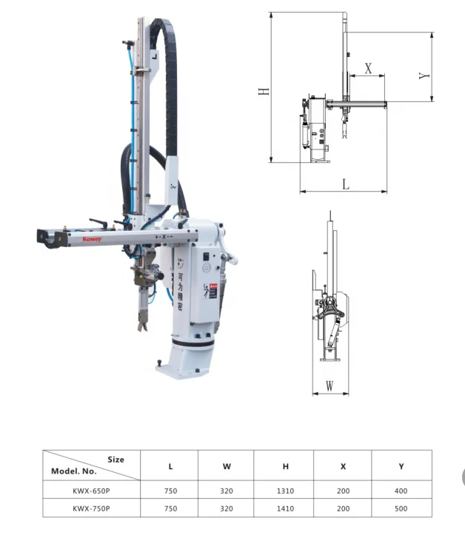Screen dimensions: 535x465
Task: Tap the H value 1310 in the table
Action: pos(284,490)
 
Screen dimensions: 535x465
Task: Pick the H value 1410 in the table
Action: pos(284,508)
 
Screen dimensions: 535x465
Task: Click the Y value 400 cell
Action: pos(401,490)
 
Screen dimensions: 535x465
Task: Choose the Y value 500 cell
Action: pos(401,508)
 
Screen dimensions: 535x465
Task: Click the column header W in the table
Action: pos(227,466)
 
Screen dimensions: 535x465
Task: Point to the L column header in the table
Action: pos(171,466)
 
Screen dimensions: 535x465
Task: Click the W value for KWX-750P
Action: pos(227,508)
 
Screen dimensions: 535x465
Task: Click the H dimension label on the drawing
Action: pos(264,90)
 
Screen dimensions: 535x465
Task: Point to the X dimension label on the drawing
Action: pos(368,67)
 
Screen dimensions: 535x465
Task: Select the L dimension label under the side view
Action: pos(345,184)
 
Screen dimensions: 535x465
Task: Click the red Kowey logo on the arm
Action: pos(71,239)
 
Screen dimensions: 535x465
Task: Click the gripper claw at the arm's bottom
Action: pos(141,323)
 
